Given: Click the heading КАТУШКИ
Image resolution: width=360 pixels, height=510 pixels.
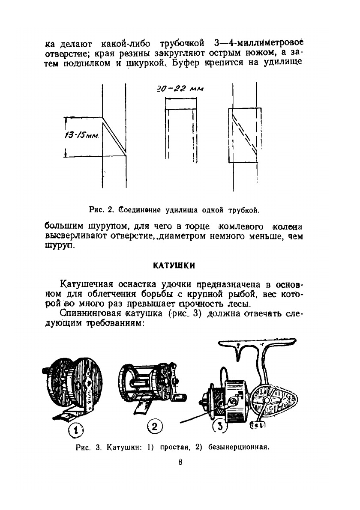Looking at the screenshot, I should click(x=174, y=265).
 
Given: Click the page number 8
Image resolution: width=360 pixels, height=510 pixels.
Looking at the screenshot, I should click(x=180, y=462).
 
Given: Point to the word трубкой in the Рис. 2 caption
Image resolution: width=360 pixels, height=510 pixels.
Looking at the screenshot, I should click(x=244, y=210).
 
